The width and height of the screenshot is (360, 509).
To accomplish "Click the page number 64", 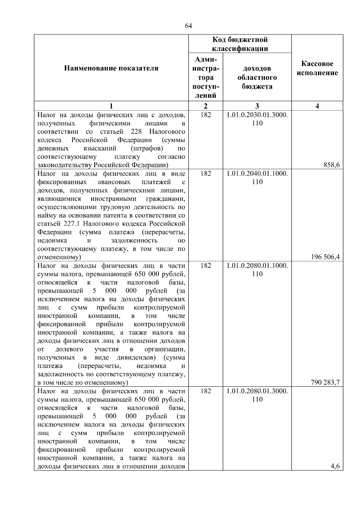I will [188, 26].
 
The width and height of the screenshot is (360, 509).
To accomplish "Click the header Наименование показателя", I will [111, 68].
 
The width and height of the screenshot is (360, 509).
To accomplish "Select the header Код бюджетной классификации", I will [240, 44].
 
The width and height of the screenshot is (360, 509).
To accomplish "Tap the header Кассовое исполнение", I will [317, 68].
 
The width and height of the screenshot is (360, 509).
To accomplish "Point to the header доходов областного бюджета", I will [257, 77].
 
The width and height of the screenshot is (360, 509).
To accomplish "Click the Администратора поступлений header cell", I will [205, 77].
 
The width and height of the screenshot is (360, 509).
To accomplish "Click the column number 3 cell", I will [257, 106].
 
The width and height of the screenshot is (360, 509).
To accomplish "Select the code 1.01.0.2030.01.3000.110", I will [257, 119].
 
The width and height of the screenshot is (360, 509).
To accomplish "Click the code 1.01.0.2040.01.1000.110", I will [257, 178].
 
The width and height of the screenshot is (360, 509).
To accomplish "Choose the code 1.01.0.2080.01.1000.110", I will [257, 270].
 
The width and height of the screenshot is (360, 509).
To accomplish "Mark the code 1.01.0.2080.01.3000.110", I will [257, 395].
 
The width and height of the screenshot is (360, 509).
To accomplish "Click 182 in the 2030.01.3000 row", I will [205, 115].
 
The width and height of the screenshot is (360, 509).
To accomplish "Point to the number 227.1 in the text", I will [72, 224].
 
